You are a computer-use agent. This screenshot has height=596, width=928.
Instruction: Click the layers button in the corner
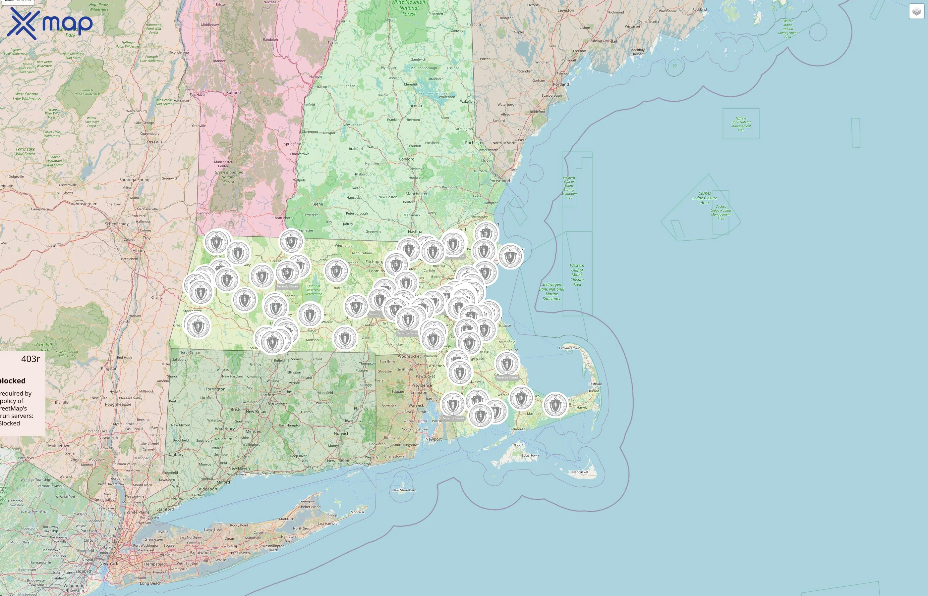pyautogui.click(x=916, y=12)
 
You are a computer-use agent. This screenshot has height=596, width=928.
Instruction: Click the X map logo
pyautogui.click(x=50, y=23)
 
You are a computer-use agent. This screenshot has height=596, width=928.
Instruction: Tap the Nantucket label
pyautogui.click(x=580, y=472)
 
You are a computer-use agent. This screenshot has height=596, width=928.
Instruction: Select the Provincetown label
pyautogui.click(x=569, y=348)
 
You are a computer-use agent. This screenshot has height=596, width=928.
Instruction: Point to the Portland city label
pyautogui.click(x=561, y=84)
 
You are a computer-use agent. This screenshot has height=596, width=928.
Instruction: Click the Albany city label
pyautogui.click(x=139, y=250)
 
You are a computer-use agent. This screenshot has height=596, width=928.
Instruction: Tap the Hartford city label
pyautogui.click(x=267, y=395)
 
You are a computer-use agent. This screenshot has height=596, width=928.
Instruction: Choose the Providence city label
pyautogui.click(x=421, y=385)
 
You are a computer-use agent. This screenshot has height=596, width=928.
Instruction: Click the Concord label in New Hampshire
pyautogui.click(x=406, y=159)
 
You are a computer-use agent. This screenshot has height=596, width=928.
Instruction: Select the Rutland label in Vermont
pyautogui.click(x=233, y=92)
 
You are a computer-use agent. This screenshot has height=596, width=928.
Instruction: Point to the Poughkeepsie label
pyautogui.click(x=118, y=404)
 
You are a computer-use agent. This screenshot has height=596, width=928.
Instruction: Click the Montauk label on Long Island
pyautogui.click(x=357, y=512)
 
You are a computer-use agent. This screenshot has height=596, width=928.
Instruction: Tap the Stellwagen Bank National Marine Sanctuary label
pyautogui.click(x=551, y=291)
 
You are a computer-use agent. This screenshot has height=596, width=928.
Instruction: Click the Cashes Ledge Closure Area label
pyautogui.click(x=705, y=198)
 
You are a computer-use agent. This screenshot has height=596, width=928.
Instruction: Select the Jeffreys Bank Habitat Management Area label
pyautogui.click(x=740, y=124)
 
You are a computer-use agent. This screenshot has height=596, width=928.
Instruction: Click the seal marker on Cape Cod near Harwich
pyautogui.click(x=555, y=405)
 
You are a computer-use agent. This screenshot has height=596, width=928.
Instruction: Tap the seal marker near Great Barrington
pyautogui.click(x=198, y=326)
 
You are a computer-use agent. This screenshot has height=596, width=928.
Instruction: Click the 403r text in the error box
pyautogui.click(x=30, y=359)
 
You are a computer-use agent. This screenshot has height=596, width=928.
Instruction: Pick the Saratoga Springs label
pyautogui.click(x=135, y=179)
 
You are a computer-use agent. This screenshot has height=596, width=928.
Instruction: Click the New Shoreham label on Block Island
pyautogui.click(x=404, y=490)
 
